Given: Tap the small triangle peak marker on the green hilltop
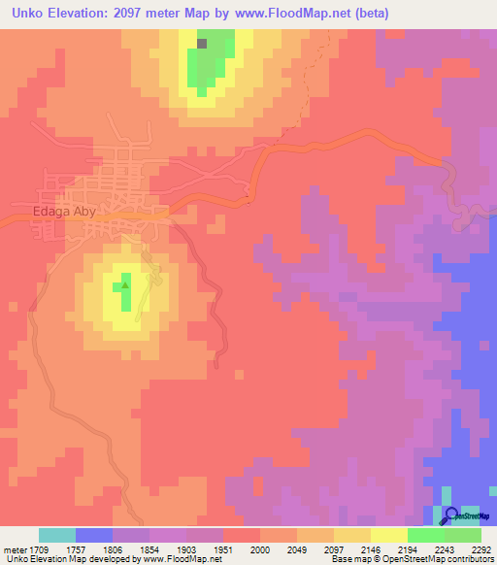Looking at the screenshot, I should (x=124, y=285).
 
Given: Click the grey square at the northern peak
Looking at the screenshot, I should (x=202, y=44).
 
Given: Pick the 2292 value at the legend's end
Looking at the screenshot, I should (x=480, y=548).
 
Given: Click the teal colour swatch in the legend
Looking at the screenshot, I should (x=57, y=535).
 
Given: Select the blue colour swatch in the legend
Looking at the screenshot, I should (x=94, y=535).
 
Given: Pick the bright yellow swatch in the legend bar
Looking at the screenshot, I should (x=388, y=535).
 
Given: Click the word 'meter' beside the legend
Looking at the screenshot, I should (x=12, y=548).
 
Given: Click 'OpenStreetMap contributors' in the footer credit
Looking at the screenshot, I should (x=446, y=559).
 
